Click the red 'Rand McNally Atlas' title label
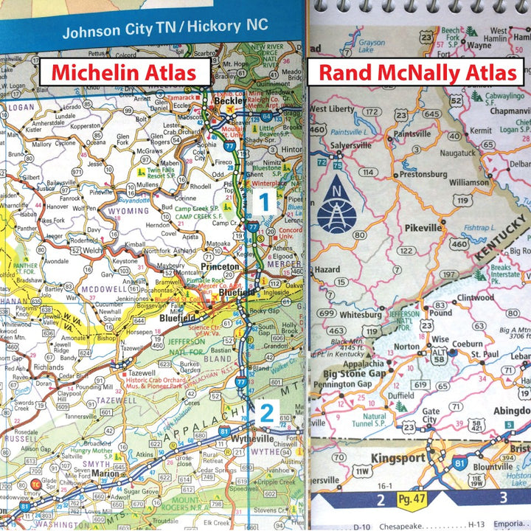[x=418, y=73]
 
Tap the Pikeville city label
[x=423, y=228]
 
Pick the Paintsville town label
[x=412, y=134]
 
